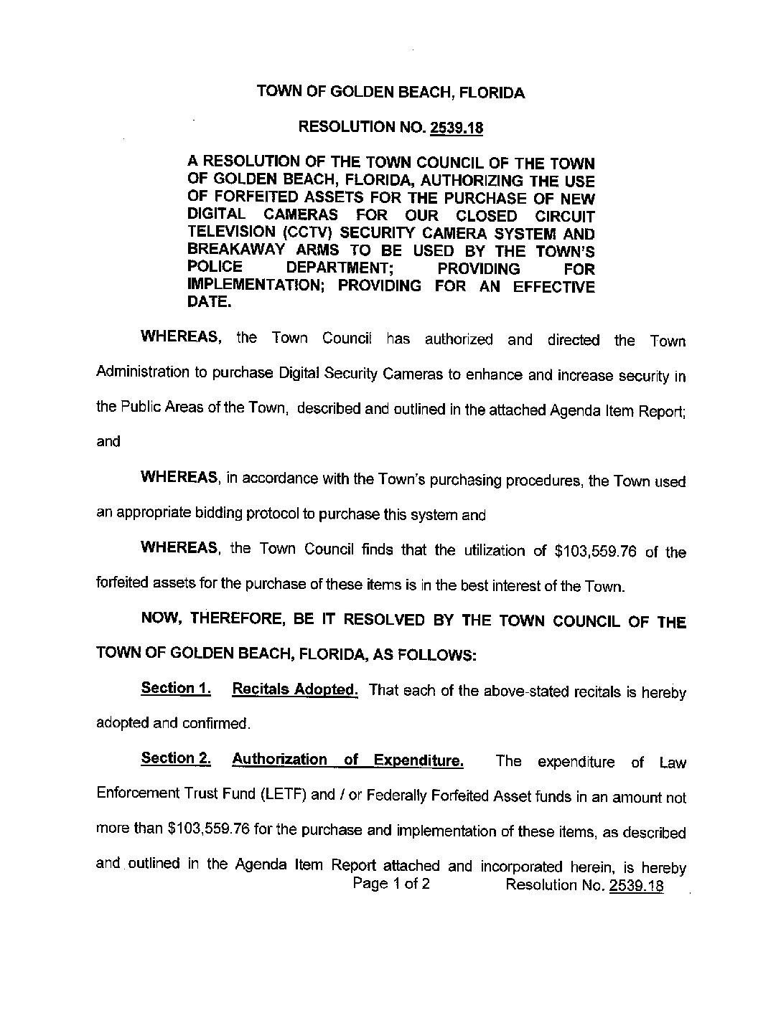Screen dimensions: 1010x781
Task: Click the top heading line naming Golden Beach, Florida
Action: pyautogui.click(x=390, y=93)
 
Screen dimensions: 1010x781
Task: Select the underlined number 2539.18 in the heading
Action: pyautogui.click(x=456, y=128)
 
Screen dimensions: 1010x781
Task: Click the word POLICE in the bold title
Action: pyautogui.click(x=212, y=268)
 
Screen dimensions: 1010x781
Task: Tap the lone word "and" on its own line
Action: pyautogui.click(x=108, y=441)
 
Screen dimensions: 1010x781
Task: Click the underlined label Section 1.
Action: pyautogui.click(x=176, y=689)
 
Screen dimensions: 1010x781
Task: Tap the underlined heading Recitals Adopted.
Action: pyautogui.click(x=295, y=690)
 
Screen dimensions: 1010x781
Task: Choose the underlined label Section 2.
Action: pyautogui.click(x=176, y=759)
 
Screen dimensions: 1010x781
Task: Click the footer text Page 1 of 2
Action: pyautogui.click(x=391, y=884)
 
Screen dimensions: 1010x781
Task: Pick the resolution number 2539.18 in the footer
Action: pyautogui.click(x=635, y=885)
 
